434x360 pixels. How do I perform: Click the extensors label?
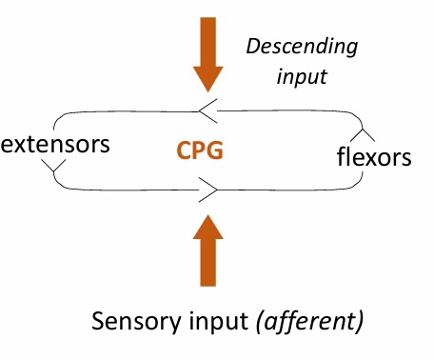coord(56,145)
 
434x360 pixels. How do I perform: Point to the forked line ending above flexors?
coord(365,131)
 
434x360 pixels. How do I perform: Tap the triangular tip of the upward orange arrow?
coord(207,225)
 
